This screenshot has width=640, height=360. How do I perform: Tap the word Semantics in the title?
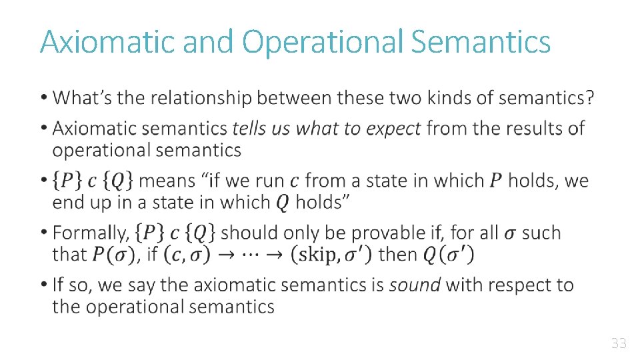(481, 41)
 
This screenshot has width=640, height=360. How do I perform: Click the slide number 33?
(619, 344)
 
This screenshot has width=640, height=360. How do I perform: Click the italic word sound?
(415, 285)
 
